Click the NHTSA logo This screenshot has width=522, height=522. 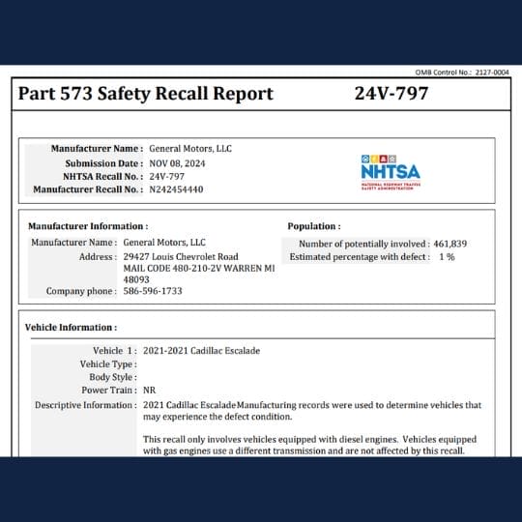click(390, 168)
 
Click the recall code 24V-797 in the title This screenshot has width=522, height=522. click(391, 94)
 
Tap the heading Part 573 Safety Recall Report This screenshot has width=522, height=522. click(145, 94)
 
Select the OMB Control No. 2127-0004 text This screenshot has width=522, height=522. click(462, 72)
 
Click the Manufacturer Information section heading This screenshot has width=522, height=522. click(87, 226)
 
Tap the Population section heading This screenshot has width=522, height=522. click(314, 226)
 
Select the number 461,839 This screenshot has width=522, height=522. click(446, 244)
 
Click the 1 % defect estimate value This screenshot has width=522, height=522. click(447, 257)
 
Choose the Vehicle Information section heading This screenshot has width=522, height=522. click(71, 328)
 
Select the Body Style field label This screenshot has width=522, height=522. click(111, 377)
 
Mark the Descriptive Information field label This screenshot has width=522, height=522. click(85, 405)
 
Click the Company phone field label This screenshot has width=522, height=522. click(81, 290)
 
